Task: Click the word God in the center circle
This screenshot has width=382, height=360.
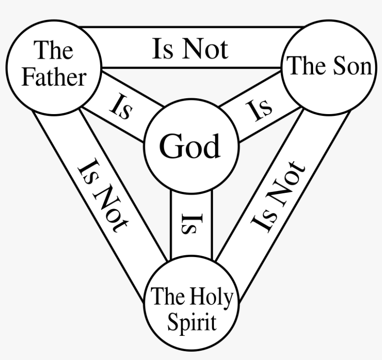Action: pyautogui.click(x=190, y=147)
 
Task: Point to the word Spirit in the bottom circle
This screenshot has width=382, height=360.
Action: pyautogui.click(x=191, y=322)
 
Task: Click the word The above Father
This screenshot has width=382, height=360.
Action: pyautogui.click(x=54, y=50)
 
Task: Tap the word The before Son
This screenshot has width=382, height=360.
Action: pyautogui.click(x=303, y=67)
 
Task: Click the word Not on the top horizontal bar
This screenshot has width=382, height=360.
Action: pyautogui.click(x=205, y=49)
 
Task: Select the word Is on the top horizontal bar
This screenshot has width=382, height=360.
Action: pyautogui.click(x=163, y=49)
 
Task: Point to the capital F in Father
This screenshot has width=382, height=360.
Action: pyautogui.click(x=29, y=77)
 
